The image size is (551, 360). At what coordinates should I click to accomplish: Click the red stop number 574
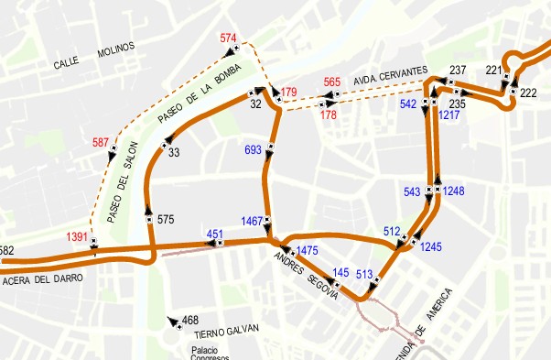pyautogui.click(x=229, y=38)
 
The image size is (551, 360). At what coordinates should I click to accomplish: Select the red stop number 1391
pyautogui.click(x=78, y=237)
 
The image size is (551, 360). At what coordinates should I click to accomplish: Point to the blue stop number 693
pyautogui.click(x=254, y=148)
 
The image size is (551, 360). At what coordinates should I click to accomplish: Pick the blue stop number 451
pyautogui.click(x=215, y=234)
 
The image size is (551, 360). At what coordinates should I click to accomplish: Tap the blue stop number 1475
pyautogui.click(x=308, y=250)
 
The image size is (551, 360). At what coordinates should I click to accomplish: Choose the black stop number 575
pyautogui.click(x=165, y=220)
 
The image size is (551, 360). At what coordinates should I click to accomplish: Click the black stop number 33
pyautogui.click(x=174, y=152)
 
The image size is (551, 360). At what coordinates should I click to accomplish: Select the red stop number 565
pyautogui.click(x=332, y=82)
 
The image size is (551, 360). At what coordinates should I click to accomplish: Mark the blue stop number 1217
pyautogui.click(x=449, y=115)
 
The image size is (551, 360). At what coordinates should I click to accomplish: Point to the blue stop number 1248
pyautogui.click(x=453, y=191)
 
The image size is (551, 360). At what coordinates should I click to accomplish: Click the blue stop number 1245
pyautogui.click(x=431, y=246)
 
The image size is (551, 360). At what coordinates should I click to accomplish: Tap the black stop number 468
pyautogui.click(x=190, y=321)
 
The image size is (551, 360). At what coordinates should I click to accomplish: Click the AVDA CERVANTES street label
pyautogui.click(x=391, y=71)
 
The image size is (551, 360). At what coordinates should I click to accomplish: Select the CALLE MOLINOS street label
pyautogui.click(x=93, y=56)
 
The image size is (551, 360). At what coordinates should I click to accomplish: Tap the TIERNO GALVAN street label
pyautogui.click(x=227, y=331)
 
